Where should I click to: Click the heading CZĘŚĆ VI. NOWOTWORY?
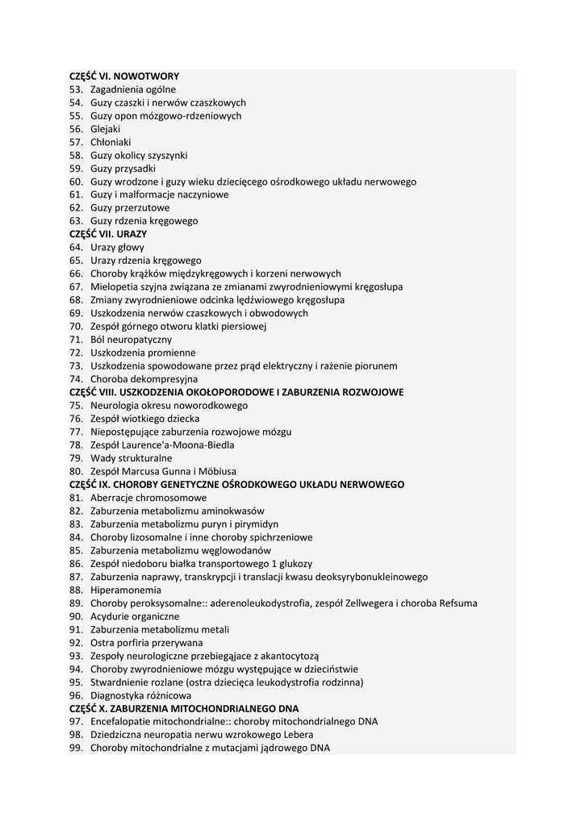(x=124, y=76)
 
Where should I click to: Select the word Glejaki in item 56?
(x=106, y=128)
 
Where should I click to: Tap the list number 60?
(x=76, y=181)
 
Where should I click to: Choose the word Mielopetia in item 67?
(x=114, y=286)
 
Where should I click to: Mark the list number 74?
(x=76, y=378)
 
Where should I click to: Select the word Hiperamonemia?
(x=126, y=590)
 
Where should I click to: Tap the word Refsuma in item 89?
(x=458, y=603)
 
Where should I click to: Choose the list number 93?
(x=76, y=656)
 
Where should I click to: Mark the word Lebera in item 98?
(x=299, y=734)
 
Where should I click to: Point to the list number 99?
(x=76, y=748)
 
